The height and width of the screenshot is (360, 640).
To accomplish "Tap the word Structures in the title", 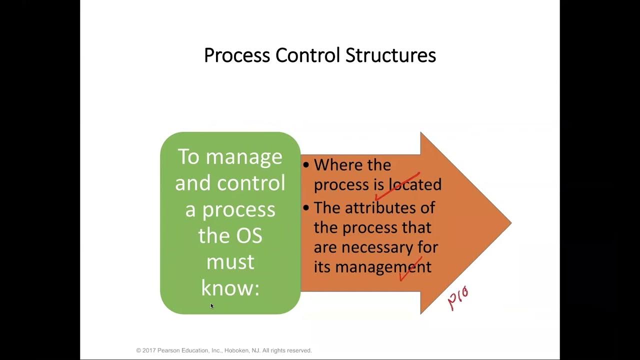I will pos(390,55).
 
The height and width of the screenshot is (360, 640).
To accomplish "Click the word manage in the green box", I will pos(244,157).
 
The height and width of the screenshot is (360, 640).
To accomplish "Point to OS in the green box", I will pos(249,235).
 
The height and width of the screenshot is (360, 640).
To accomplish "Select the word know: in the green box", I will pos(230,287).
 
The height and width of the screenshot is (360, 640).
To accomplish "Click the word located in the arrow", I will pos(415,184).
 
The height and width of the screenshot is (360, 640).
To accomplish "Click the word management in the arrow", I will pos(383,266).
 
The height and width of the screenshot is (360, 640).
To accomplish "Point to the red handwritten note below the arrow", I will pos(458,298).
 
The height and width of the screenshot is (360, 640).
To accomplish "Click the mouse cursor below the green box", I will pos(212,305).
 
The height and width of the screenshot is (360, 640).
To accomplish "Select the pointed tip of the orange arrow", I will pos(509,223).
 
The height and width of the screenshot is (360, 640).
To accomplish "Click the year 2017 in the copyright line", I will pos(150,350).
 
